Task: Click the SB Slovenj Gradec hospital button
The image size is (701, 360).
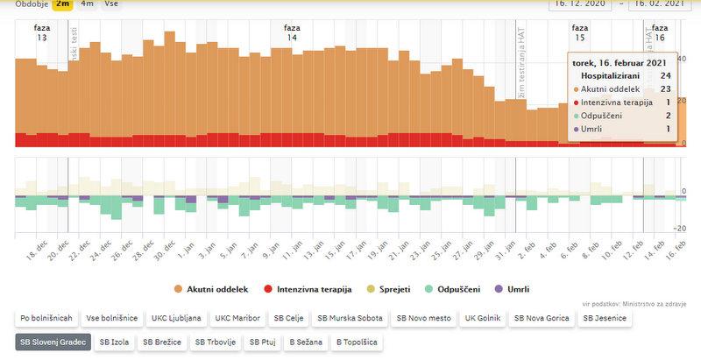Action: tap(52, 342)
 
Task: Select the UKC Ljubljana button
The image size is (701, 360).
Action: tap(177, 318)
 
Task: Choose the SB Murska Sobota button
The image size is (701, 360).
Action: tap(349, 318)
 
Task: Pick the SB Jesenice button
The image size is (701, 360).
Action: tap(605, 318)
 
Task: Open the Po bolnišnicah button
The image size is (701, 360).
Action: tap(46, 318)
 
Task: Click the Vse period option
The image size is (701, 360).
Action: tap(111, 4)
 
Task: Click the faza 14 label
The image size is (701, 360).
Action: tap(292, 33)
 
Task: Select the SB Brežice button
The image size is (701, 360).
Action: tap(163, 342)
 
